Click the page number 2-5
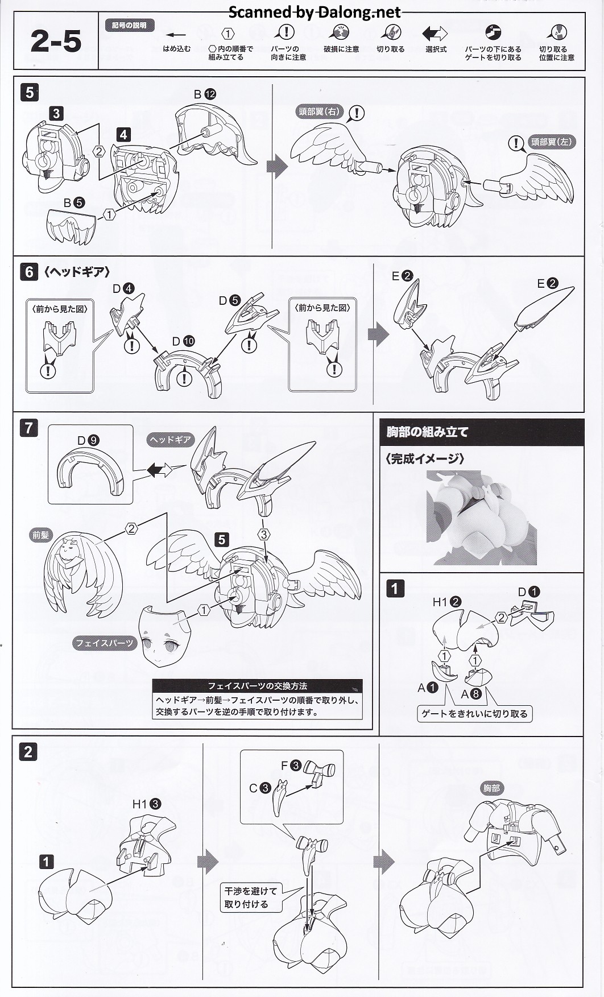(56, 41)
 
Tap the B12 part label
(205, 94)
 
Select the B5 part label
(74, 202)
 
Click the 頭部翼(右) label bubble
(319, 111)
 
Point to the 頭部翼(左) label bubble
(551, 142)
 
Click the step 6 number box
(30, 272)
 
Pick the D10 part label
(184, 341)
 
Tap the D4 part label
(123, 288)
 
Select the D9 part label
(88, 440)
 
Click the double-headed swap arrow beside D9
(159, 470)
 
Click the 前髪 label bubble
(41, 535)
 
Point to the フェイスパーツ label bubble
(105, 643)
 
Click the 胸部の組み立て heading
(427, 432)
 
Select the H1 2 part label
(447, 602)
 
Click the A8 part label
(471, 694)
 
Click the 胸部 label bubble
(491, 788)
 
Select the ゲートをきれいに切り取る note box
(474, 714)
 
